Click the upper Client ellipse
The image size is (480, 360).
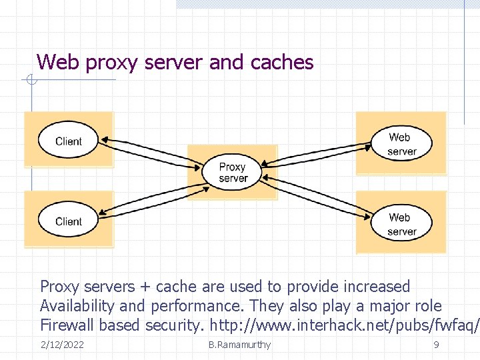tap(69, 141)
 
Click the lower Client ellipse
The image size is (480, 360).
tap(69, 221)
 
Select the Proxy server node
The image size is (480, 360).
tap(233, 173)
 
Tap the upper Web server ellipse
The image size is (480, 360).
tap(401, 144)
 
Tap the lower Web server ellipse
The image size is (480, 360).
tap(401, 224)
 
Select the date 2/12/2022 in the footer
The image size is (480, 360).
tap(62, 345)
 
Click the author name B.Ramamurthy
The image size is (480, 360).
tap(239, 345)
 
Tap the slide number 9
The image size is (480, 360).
tap(436, 345)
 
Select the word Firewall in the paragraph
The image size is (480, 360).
tap(67, 325)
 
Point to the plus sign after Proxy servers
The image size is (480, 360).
tap(145, 287)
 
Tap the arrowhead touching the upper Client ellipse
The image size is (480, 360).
tap(103, 141)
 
